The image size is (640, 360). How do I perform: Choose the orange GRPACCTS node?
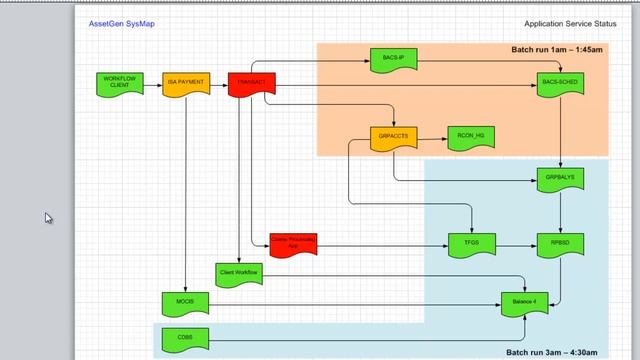[393, 137]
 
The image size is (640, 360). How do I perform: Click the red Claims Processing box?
[294, 243]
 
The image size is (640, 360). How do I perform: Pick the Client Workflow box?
[239, 273]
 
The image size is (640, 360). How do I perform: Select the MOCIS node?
[185, 301]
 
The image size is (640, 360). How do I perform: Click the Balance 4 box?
[525, 301]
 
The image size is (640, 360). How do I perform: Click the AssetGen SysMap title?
[116, 22]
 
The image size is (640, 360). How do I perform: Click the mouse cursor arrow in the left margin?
[47, 216]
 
